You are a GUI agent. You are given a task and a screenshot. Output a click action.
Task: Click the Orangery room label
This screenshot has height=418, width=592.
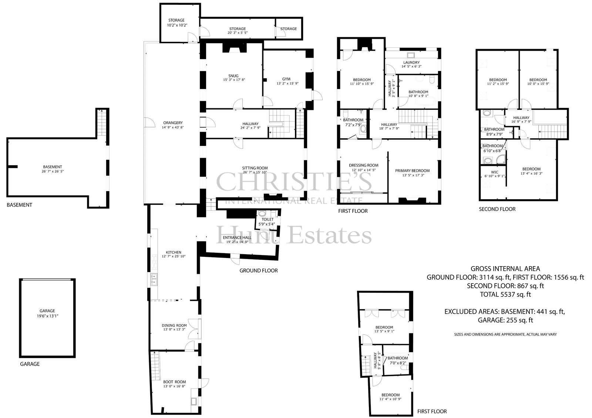(x=173, y=123)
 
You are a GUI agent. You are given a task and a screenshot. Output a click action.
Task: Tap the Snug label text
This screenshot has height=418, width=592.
(x=233, y=76)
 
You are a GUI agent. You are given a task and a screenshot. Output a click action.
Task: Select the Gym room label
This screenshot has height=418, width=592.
(x=286, y=79)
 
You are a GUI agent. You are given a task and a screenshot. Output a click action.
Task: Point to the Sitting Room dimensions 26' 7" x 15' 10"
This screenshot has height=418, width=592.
(x=255, y=172)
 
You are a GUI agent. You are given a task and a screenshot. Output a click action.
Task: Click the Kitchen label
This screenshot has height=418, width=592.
(x=174, y=252)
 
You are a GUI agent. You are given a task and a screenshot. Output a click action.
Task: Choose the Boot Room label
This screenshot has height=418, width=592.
(x=174, y=382)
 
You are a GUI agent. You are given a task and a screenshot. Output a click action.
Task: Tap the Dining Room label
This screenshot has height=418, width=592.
(x=174, y=325)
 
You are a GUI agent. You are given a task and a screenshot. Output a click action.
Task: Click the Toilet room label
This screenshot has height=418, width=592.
(x=268, y=220)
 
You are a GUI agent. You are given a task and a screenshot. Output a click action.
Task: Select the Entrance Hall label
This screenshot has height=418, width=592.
(x=237, y=238)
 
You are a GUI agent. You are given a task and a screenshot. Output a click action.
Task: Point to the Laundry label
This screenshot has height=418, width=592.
(x=411, y=62)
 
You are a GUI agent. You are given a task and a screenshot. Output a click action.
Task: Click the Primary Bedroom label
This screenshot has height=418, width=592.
(x=412, y=171)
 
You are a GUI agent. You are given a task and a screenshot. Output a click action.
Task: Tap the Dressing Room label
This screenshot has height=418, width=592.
(x=364, y=165)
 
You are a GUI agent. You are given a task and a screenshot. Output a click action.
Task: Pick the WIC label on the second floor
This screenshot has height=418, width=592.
(x=494, y=172)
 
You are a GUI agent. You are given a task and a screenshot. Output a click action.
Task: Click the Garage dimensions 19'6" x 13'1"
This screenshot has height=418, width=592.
(x=47, y=316)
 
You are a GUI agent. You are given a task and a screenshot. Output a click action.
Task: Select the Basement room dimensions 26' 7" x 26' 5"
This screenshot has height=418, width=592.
(x=52, y=171)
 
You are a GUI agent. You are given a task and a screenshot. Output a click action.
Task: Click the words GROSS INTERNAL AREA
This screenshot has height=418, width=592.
(x=505, y=269)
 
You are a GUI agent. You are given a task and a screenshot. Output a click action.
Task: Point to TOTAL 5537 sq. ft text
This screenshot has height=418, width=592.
(x=505, y=295)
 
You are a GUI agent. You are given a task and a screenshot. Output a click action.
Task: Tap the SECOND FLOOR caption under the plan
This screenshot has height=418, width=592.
(x=497, y=209)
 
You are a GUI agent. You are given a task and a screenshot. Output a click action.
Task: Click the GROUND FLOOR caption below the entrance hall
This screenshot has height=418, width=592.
(x=259, y=271)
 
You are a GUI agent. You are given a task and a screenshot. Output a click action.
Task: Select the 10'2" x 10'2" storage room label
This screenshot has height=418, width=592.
(x=177, y=26)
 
